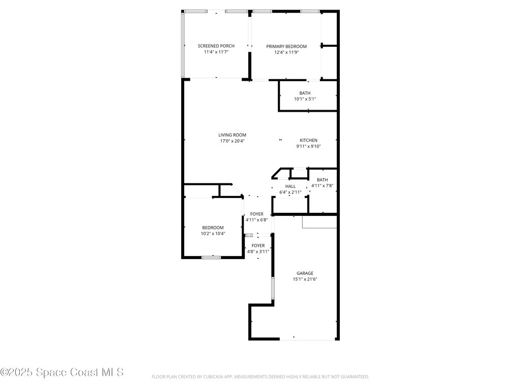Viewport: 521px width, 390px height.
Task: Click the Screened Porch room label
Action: click(x=216, y=46)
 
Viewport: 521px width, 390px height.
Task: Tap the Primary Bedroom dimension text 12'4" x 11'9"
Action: click(x=286, y=52)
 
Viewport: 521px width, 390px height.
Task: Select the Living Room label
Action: click(x=233, y=135)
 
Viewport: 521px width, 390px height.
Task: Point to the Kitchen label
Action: click(x=308, y=140)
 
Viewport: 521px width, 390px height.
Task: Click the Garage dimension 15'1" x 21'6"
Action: click(x=305, y=279)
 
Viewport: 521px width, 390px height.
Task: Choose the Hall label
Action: click(x=291, y=186)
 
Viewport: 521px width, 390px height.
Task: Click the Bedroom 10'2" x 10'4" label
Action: click(x=213, y=227)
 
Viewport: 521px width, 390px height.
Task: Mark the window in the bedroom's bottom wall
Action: click(x=211, y=257)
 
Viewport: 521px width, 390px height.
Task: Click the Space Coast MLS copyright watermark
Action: click(x=62, y=372)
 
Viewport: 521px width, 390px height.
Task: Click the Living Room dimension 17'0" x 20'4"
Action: click(x=233, y=141)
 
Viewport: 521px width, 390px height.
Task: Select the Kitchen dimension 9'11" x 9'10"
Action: click(x=308, y=146)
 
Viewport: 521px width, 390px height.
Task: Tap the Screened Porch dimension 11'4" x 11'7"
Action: click(x=216, y=52)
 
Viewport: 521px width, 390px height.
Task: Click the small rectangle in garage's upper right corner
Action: click(x=320, y=222)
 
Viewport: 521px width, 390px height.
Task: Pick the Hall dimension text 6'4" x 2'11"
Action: click(x=291, y=192)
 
